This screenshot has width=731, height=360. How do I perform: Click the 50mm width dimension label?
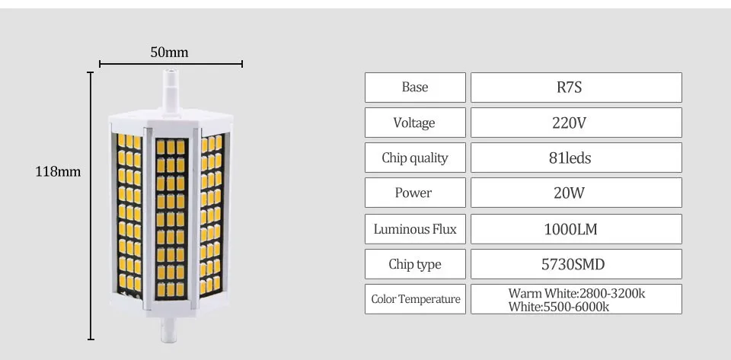(x=169, y=53)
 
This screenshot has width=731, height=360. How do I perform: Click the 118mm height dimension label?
(x=58, y=172)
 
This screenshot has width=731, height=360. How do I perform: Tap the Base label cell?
(x=415, y=87)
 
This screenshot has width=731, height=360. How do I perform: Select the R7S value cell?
(x=576, y=87)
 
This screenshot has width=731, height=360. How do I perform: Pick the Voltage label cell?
(x=415, y=123)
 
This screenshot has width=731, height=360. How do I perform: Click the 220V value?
(x=570, y=123)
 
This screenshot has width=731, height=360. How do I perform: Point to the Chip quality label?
(x=415, y=158)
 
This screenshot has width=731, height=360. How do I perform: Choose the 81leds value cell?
(x=576, y=158)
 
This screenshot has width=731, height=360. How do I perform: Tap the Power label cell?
(x=415, y=193)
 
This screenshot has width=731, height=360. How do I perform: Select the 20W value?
(x=570, y=193)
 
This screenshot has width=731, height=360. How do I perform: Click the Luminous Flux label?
(x=415, y=229)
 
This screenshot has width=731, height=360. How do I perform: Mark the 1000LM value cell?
(x=576, y=228)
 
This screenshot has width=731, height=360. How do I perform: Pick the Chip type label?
(x=415, y=265)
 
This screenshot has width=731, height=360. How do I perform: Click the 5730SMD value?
(x=573, y=265)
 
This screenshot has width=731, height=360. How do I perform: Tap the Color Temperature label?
(x=416, y=299)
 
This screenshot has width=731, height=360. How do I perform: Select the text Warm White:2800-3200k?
(x=576, y=293)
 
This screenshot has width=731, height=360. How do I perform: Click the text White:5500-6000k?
(x=558, y=307)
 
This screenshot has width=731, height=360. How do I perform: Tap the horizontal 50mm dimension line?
(x=171, y=64)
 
